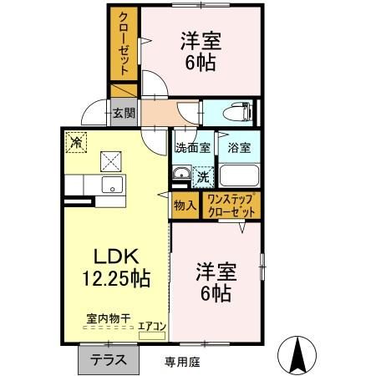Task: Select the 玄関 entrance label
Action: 124,113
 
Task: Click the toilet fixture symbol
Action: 238,113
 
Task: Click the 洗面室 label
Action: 191,149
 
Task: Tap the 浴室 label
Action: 239,149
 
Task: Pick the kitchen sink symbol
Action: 111,185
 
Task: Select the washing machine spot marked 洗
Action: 202,176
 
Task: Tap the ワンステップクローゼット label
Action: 234,206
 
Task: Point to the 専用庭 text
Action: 182,361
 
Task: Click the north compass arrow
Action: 297,355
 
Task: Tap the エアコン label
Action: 152,327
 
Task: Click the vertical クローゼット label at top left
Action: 124,44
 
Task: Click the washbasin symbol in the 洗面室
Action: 180,175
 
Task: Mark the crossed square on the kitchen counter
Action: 109,159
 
